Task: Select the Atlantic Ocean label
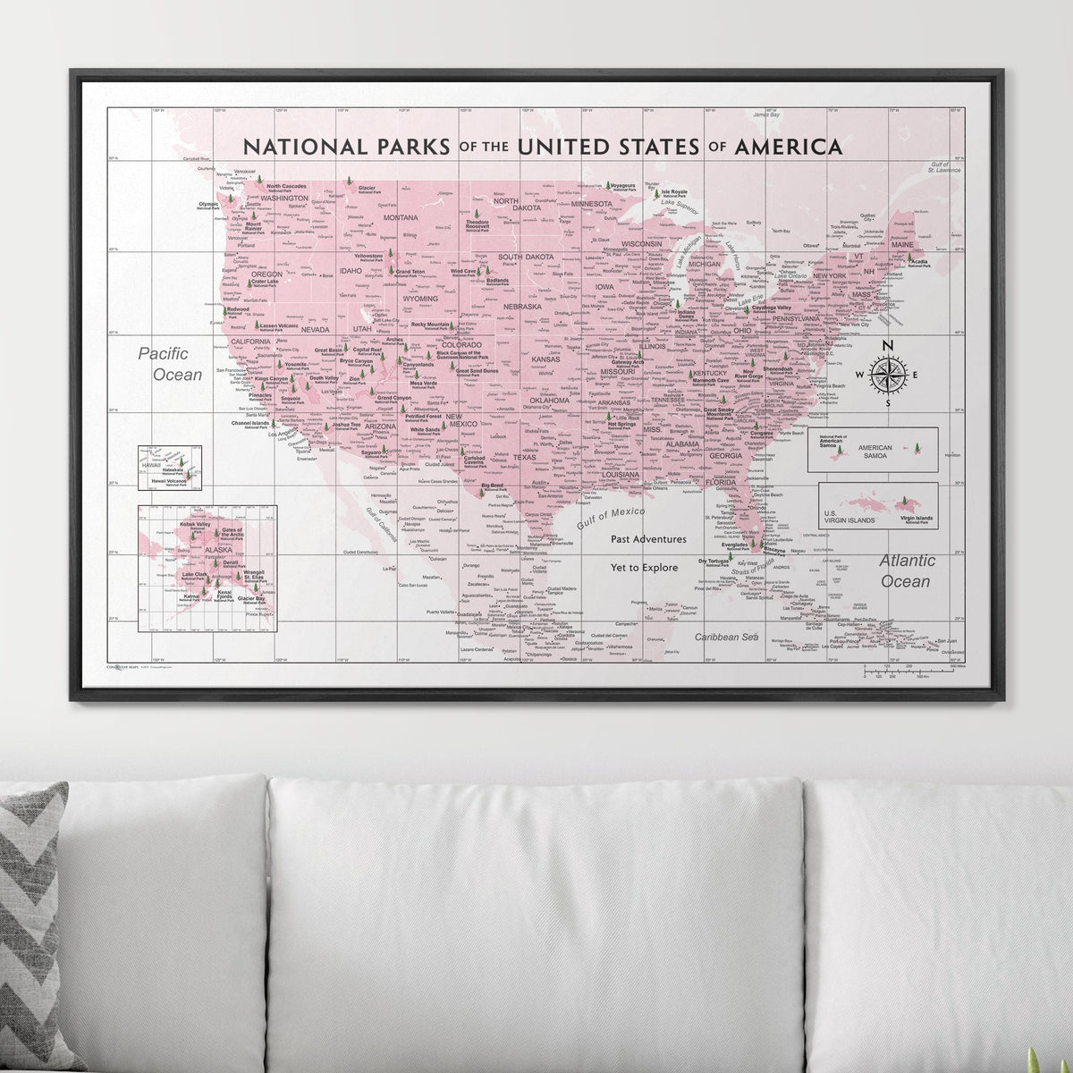tap(908, 570)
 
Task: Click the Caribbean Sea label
tap(726, 637)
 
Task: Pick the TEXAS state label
tap(523, 457)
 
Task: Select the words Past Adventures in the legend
tap(649, 539)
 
